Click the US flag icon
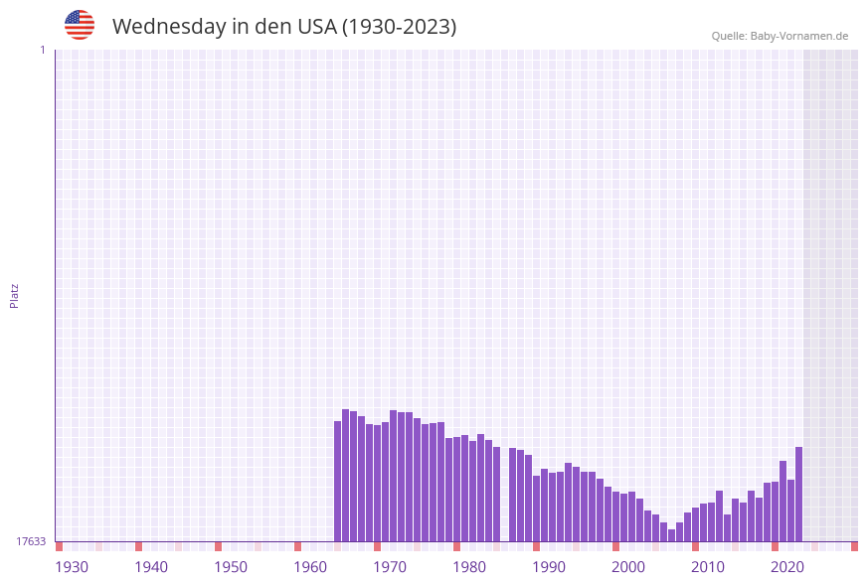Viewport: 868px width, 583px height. point(80,25)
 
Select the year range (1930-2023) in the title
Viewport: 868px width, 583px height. point(399,27)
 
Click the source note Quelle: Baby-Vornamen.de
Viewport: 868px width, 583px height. point(780,36)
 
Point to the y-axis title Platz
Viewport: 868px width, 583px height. point(15,295)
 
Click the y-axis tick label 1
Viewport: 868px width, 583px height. point(42,50)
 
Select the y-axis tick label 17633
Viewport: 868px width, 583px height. point(31,541)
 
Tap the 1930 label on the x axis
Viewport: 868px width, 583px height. point(72,567)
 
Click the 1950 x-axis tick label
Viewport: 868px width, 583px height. point(231,567)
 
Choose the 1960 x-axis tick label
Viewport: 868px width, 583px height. point(310,567)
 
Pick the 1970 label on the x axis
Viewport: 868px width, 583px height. point(390,567)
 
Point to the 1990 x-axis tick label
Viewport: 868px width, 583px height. point(549,567)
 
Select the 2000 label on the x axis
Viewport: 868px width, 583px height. point(628,567)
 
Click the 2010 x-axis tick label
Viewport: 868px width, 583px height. point(708,567)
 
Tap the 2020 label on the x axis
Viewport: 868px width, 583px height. point(787,567)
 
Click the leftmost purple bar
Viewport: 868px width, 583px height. point(338,482)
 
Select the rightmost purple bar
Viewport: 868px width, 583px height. point(798,495)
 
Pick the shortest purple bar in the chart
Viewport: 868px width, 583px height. point(672,535)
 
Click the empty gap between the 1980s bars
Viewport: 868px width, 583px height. point(505,497)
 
